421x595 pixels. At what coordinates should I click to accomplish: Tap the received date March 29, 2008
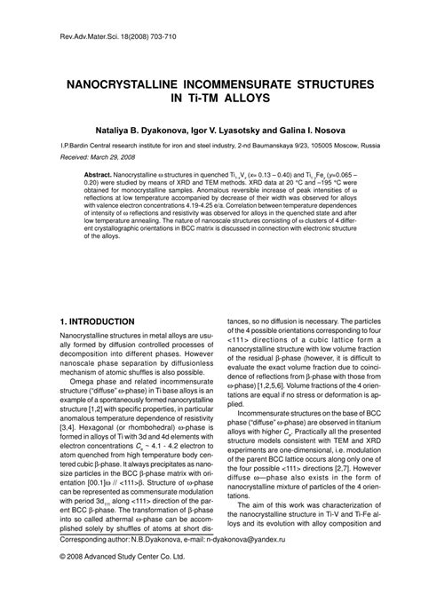(x=111, y=155)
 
